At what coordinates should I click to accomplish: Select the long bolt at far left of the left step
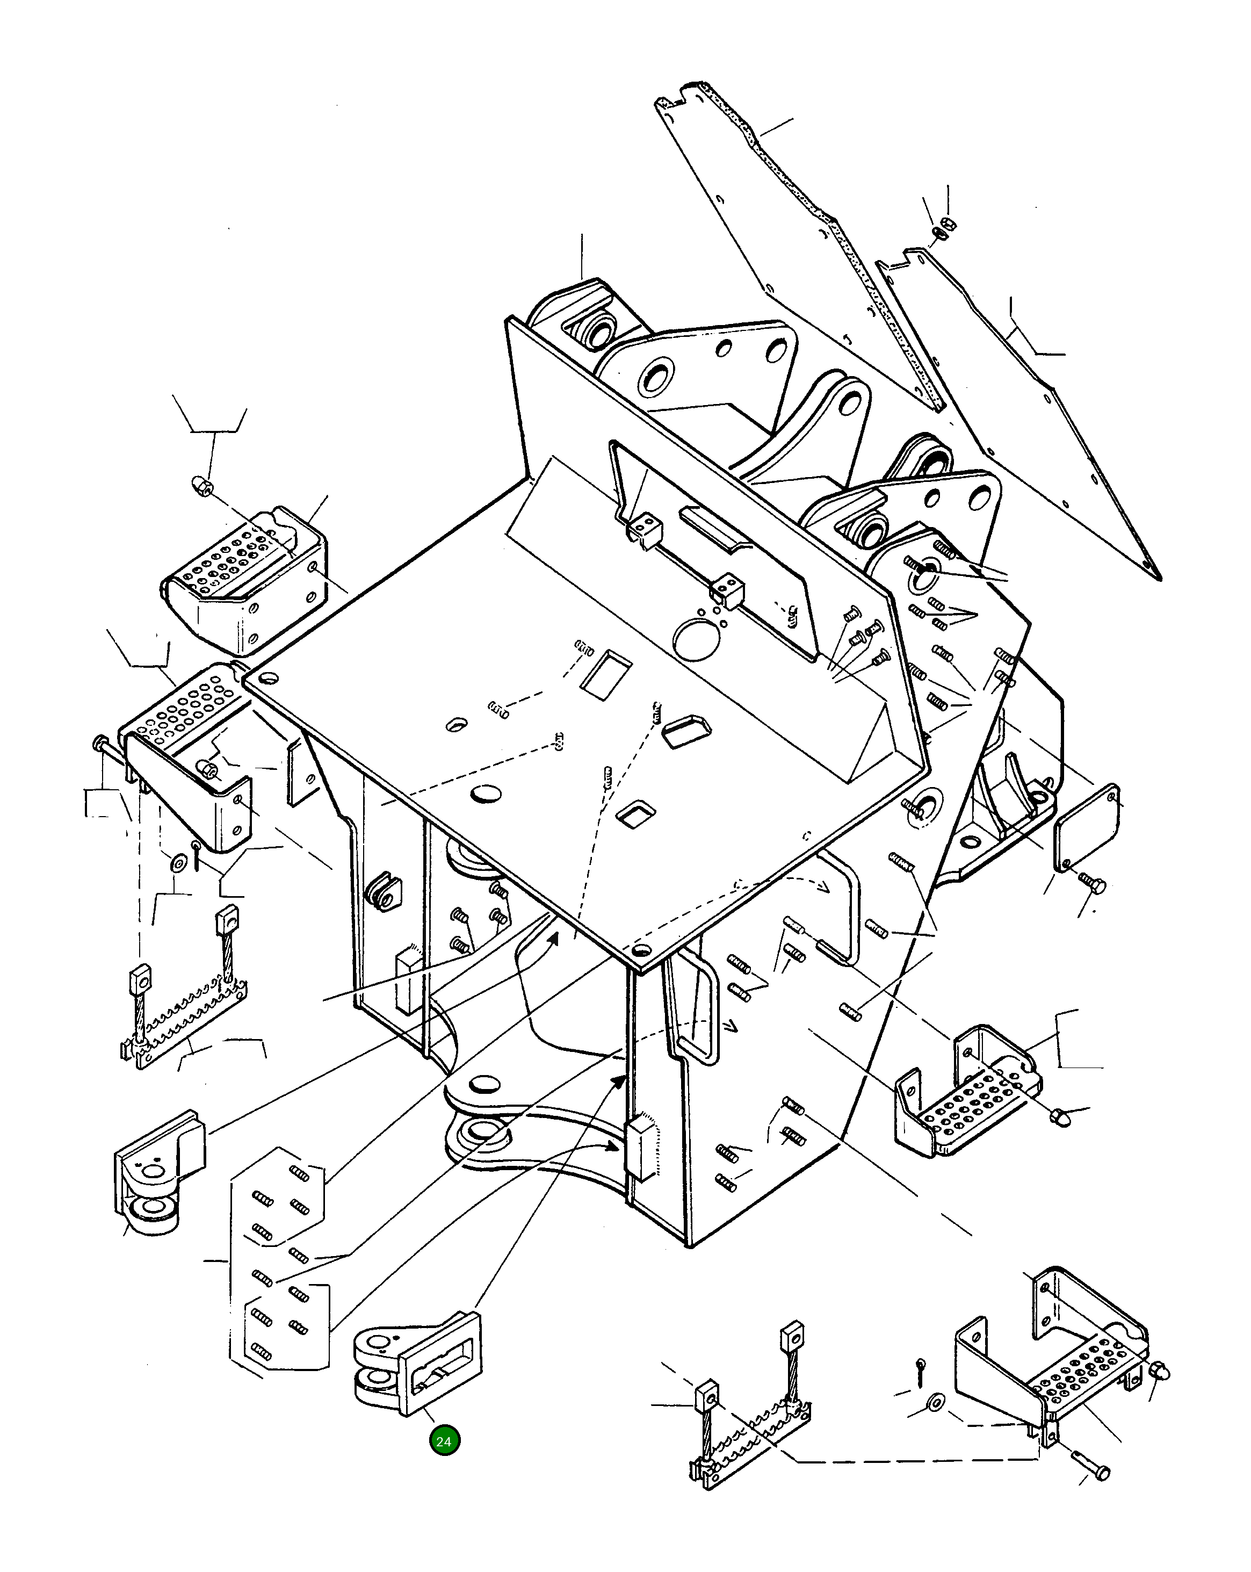pyautogui.click(x=110, y=751)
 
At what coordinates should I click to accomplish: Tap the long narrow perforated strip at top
pyautogui.click(x=802, y=241)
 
